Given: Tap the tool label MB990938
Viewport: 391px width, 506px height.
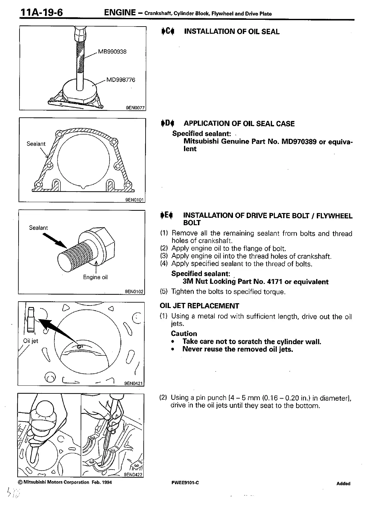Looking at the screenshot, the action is pyautogui.click(x=112, y=51).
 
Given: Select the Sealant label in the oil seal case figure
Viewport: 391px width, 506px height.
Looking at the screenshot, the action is pyautogui.click(x=36, y=144).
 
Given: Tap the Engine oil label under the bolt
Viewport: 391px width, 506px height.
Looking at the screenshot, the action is pyautogui.click(x=95, y=277).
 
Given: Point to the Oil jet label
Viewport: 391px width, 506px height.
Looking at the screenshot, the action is pyautogui.click(x=31, y=341).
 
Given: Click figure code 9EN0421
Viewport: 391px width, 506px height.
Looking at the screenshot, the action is pyautogui.click(x=134, y=383).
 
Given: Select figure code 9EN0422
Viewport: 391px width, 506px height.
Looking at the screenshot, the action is pyautogui.click(x=133, y=475).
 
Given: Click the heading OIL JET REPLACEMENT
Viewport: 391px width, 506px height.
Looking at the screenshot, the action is pyautogui.click(x=199, y=306).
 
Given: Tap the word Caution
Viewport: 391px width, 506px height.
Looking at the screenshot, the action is pyautogui.click(x=184, y=334).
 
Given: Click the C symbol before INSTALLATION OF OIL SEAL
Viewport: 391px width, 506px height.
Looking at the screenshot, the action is pyautogui.click(x=167, y=31).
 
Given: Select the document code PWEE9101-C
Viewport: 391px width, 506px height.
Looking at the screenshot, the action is pyautogui.click(x=185, y=483).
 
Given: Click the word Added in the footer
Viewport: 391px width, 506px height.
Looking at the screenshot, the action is pyautogui.click(x=343, y=484).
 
